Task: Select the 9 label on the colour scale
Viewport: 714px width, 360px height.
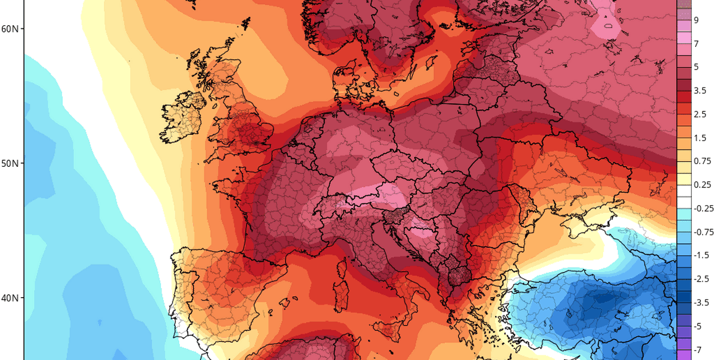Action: point(696,20)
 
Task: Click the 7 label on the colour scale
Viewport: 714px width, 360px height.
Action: point(696,43)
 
